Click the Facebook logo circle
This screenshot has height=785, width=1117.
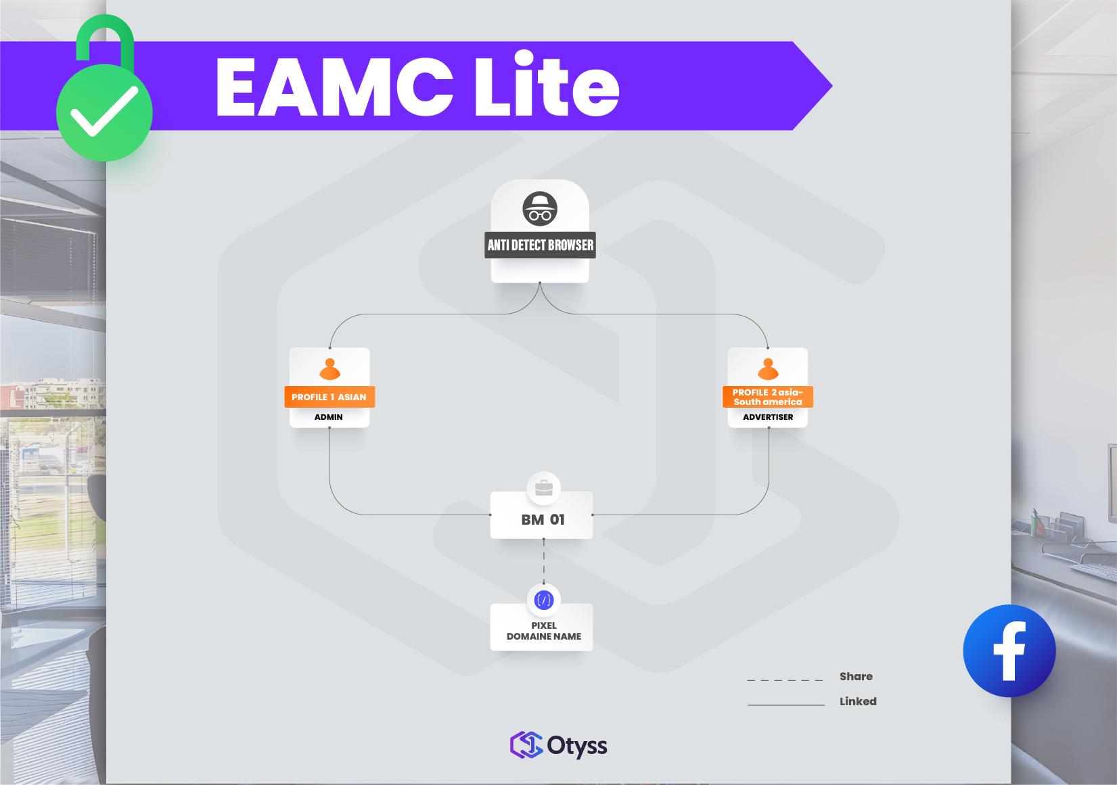pos(1009,650)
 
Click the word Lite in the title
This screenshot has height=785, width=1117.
pos(546,87)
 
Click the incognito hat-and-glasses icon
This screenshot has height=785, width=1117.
pos(540,208)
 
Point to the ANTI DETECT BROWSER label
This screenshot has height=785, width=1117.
pos(540,245)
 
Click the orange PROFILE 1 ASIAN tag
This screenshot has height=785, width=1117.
pos(329,397)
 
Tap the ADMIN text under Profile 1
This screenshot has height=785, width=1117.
pos(329,417)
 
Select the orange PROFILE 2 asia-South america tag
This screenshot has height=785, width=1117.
pos(768,397)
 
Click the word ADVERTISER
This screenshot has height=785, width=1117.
pos(768,417)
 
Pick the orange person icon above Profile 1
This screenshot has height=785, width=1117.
pos(329,368)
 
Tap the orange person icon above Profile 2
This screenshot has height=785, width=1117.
pos(768,368)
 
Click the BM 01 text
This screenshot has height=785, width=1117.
pos(543,519)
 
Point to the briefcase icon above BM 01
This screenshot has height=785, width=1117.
pos(543,487)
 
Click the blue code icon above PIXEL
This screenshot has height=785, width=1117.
pos(543,600)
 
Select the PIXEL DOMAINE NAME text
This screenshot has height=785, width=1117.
pos(543,631)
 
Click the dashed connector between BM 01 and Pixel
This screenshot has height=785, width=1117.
pos(543,561)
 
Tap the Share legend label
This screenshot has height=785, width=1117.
pos(856,676)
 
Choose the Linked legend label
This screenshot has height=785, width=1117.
pos(858,701)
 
